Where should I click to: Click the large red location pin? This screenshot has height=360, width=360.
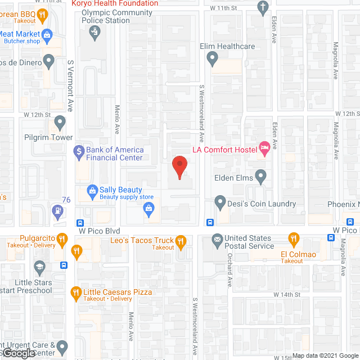pyautogui.click(x=179, y=166)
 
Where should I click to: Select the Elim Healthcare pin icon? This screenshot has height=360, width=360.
pyautogui.click(x=212, y=57)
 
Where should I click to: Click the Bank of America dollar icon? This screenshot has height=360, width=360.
pyautogui.click(x=79, y=150)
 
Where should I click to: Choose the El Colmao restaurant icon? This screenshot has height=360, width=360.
pyautogui.click(x=292, y=240)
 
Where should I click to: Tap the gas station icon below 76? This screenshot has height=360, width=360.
pyautogui.click(x=57, y=211)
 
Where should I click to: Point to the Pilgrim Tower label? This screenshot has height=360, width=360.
pyautogui.click(x=48, y=137)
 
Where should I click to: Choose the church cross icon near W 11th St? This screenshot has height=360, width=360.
pyautogui.click(x=262, y=7)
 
